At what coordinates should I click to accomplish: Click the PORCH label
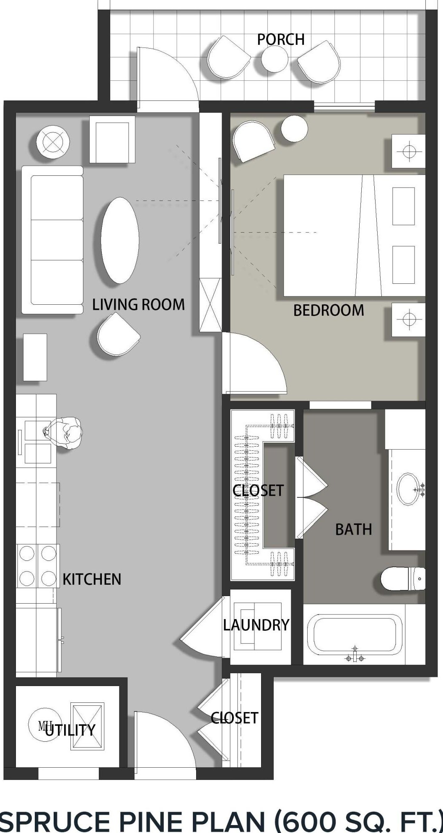[280, 39]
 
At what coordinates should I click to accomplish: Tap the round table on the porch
[275, 59]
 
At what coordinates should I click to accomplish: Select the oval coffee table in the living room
[120, 240]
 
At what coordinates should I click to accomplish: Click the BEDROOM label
[328, 310]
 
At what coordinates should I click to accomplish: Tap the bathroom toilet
[403, 579]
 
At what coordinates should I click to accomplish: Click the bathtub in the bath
[355, 634]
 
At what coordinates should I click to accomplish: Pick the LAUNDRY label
[256, 625]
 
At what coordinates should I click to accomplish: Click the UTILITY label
[70, 730]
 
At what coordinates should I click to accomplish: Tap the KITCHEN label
[92, 579]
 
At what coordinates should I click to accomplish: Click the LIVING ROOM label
[138, 304]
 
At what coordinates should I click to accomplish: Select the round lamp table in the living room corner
[53, 142]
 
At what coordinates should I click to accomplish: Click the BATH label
[353, 530]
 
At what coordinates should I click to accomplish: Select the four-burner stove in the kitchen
[38, 566]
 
